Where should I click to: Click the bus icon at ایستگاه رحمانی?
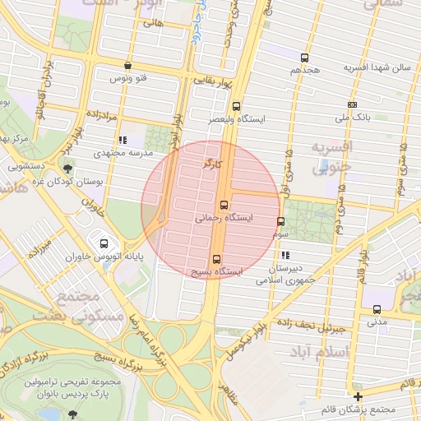click(224, 206)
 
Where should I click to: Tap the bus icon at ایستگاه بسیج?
click(216, 257)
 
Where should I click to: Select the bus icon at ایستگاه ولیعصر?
click(237, 106)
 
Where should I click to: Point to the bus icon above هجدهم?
click(305, 58)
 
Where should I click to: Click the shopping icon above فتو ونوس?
click(127, 65)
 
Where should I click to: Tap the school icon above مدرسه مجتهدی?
click(123, 140)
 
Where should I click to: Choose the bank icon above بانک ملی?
click(352, 104)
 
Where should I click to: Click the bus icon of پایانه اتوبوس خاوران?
click(104, 243)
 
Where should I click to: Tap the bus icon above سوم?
click(280, 221)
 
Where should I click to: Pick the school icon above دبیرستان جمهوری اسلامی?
click(285, 256)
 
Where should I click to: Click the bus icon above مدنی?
click(377, 309)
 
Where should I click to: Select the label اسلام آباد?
click(349, 352)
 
